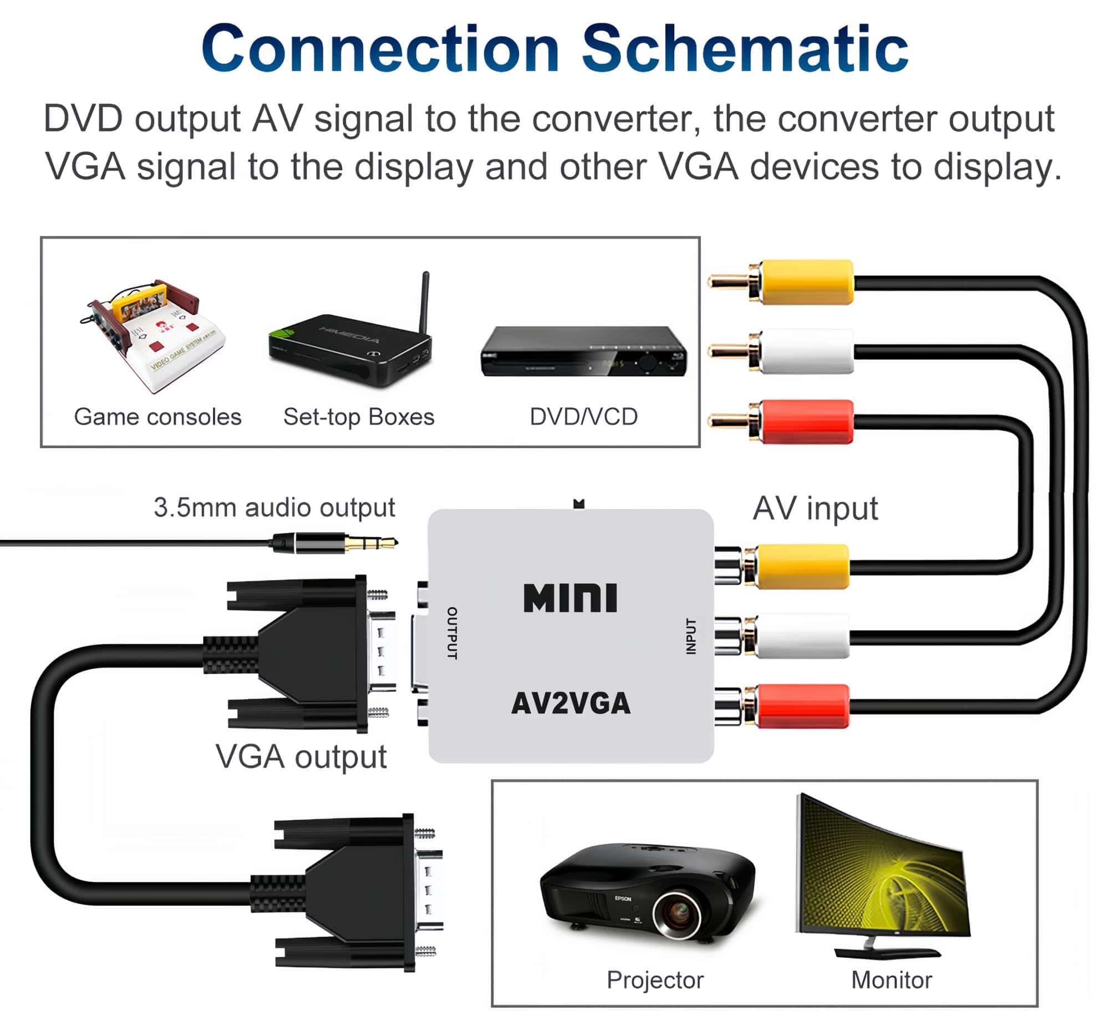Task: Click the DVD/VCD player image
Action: [x=583, y=352]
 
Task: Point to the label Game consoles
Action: [x=157, y=417]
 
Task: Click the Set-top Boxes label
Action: [x=359, y=417]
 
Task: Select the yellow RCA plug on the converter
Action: [x=801, y=566]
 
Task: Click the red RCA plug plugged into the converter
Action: [x=801, y=706]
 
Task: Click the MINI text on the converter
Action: [x=570, y=598]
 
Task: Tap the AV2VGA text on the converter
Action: [x=570, y=703]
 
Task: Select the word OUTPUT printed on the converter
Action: [x=452, y=633]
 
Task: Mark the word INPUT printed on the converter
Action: [x=690, y=636]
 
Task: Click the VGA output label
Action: [x=301, y=757]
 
